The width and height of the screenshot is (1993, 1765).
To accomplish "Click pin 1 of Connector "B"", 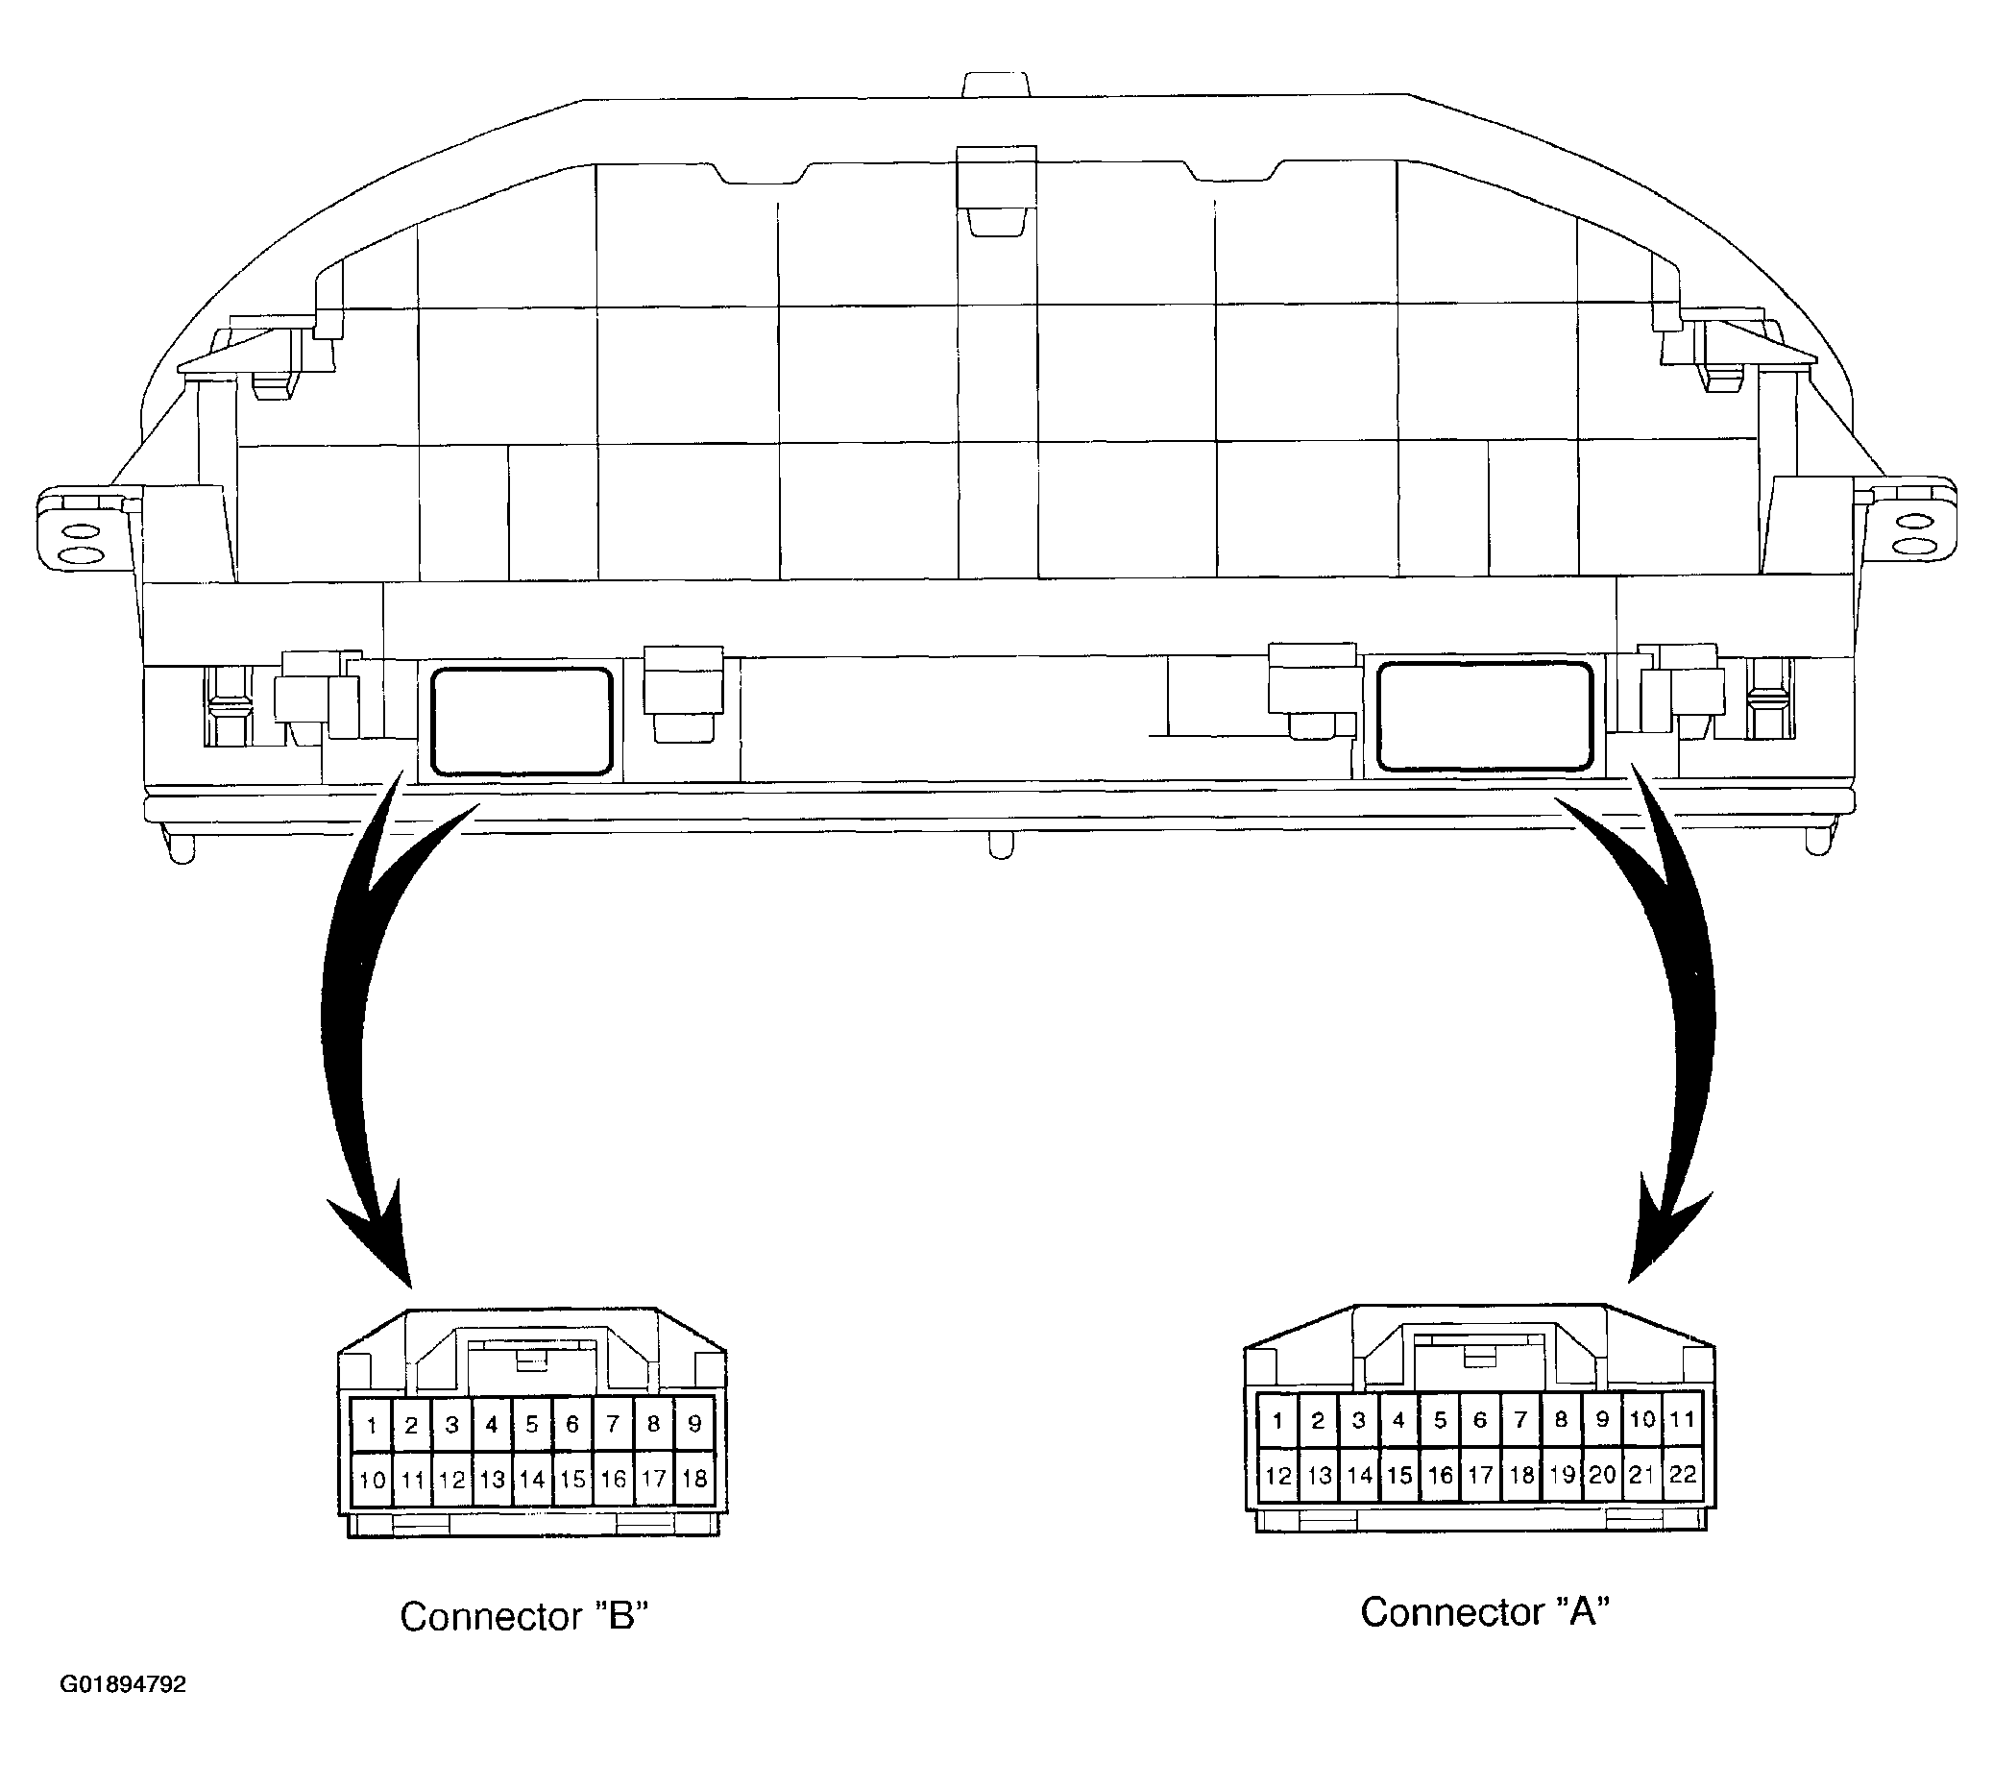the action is pos(372,1426).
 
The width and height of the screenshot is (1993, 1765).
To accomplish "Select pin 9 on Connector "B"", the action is pos(694,1426).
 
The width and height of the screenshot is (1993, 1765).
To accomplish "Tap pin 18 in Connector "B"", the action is pos(694,1480).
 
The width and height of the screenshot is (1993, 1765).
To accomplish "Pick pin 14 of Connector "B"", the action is pos(532,1480).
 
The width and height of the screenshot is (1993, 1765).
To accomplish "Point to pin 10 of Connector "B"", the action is pos(372,1480).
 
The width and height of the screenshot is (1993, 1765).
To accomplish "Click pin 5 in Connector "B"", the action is pos(532,1426).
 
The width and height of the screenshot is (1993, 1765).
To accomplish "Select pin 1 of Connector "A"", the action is pos(1277,1420).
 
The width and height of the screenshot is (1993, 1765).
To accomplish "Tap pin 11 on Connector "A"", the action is pos(1682,1420).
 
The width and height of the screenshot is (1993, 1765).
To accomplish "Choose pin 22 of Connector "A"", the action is pos(1682,1475).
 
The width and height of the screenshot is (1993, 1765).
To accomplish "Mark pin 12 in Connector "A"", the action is pos(1277,1475).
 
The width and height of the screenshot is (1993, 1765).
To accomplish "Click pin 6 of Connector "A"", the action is pos(1480,1420).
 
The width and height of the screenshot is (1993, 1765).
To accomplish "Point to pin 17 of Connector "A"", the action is pos(1480,1475).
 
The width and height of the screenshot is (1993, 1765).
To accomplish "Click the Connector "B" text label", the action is pos(524,1617).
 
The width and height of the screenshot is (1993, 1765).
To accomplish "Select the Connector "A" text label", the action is pos(1484,1612).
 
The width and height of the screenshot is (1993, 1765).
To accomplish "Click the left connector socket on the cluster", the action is pos(521,722).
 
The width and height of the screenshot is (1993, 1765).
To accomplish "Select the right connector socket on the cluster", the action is pos(1484,717).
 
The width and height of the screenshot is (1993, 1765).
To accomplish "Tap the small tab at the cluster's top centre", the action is pos(997,85).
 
